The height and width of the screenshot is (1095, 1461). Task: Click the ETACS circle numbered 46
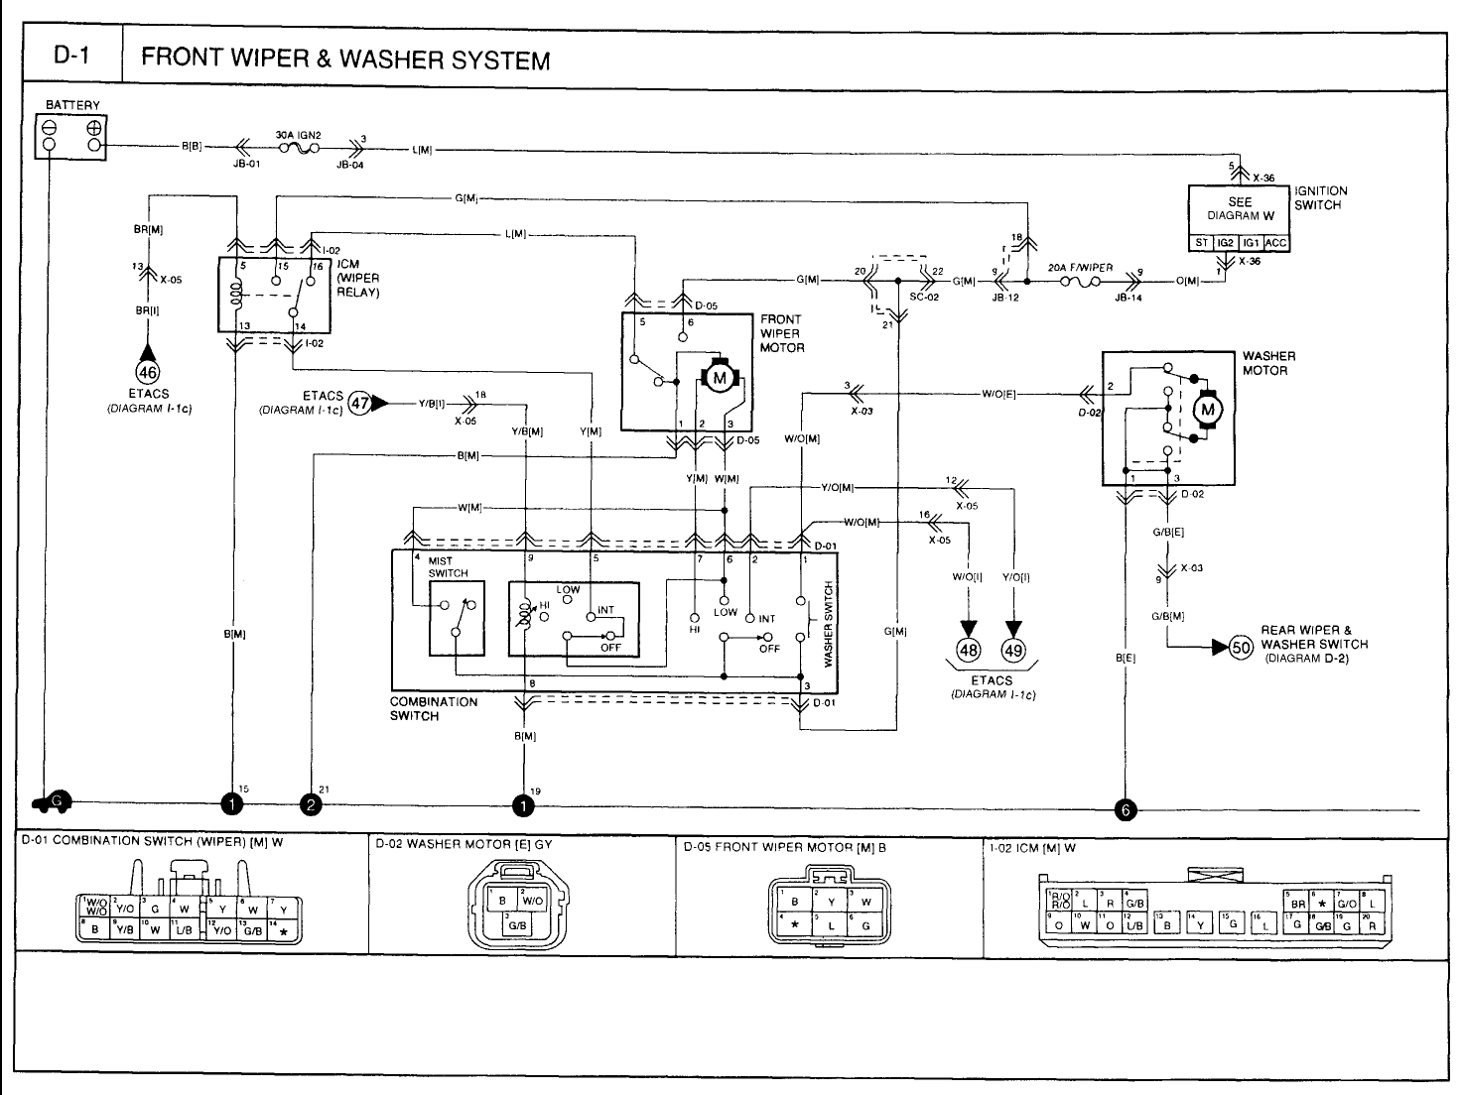[x=148, y=373]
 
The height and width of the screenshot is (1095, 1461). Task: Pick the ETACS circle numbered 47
[x=360, y=404]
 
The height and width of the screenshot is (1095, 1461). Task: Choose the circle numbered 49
[x=1013, y=650]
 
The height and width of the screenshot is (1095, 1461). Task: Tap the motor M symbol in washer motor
[x=1208, y=409]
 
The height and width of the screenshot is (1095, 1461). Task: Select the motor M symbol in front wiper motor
[x=719, y=378]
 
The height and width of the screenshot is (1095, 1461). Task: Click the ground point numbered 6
[x=1125, y=808]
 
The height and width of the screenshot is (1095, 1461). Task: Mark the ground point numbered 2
[x=312, y=804]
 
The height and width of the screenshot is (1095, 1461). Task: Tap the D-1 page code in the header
[x=71, y=58]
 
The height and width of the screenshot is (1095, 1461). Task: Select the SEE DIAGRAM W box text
[x=1240, y=208]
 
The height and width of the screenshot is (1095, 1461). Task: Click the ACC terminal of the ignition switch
[x=1276, y=243]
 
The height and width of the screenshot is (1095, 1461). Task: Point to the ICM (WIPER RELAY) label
[x=358, y=279]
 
